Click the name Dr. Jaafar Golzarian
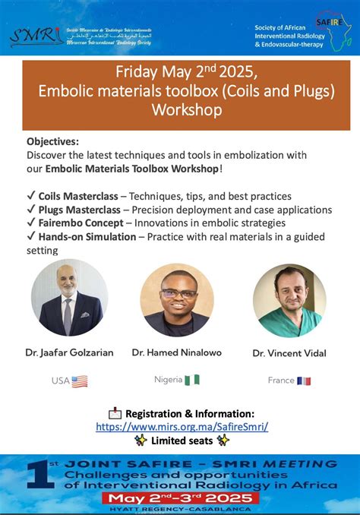pyautogui.click(x=69, y=352)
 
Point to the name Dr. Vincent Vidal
pyautogui.click(x=289, y=353)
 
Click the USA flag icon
pyautogui.click(x=79, y=381)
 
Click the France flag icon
pyautogui.click(x=304, y=381)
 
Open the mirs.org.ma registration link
pyautogui.click(x=182, y=427)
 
